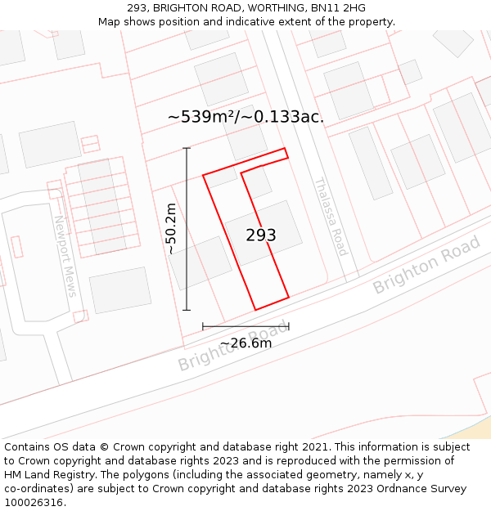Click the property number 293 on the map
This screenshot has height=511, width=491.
261,235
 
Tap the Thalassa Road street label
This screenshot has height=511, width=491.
331,217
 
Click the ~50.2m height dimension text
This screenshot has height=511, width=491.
171,229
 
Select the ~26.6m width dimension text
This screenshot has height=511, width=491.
245,343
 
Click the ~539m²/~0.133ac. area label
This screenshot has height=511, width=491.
245,117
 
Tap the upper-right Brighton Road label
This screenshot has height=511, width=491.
426,265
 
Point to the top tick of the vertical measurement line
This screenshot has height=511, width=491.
187,148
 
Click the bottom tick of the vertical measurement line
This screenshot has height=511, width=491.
187,310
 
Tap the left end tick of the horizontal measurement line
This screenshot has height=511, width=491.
203,326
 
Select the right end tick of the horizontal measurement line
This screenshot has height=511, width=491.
289,326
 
